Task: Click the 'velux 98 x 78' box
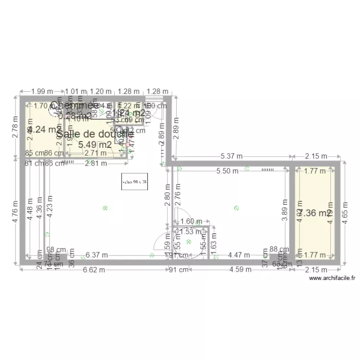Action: click(x=134, y=182)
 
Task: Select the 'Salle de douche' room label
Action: click(x=95, y=134)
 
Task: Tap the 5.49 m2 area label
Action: click(x=95, y=144)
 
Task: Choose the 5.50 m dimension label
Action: click(x=227, y=170)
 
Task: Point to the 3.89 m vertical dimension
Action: click(x=285, y=211)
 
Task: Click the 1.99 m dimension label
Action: click(x=42, y=91)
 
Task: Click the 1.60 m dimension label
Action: click(x=191, y=221)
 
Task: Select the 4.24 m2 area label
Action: click(x=41, y=129)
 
